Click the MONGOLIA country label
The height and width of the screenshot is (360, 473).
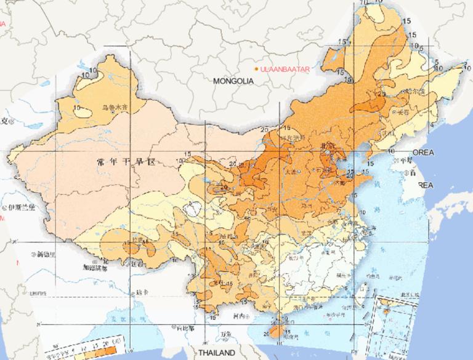coord(233,81)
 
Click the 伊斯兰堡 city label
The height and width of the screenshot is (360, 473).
coord(18,207)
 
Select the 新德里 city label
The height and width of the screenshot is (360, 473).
coord(47,253)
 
